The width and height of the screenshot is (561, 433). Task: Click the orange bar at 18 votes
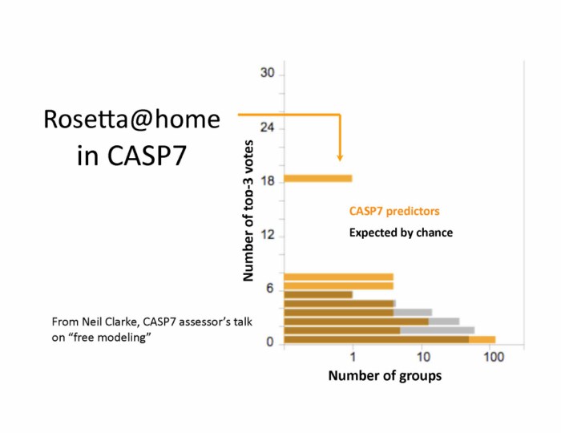318,178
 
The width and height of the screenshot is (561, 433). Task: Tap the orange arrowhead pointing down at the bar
340,157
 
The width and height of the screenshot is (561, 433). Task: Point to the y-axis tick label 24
268,127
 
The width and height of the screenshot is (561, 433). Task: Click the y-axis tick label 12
268,235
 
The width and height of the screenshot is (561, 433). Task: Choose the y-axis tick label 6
271,289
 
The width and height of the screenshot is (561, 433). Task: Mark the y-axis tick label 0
271,342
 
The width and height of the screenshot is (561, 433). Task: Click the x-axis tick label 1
353,358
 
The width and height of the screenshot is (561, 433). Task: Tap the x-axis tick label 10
422,358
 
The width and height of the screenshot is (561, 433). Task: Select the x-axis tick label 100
494,358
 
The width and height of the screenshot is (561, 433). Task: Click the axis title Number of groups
385,376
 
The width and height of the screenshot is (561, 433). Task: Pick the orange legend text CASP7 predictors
394,212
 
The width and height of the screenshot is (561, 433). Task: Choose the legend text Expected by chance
401,233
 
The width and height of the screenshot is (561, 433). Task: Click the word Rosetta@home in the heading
131,120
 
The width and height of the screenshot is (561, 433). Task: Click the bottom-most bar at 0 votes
389,340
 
